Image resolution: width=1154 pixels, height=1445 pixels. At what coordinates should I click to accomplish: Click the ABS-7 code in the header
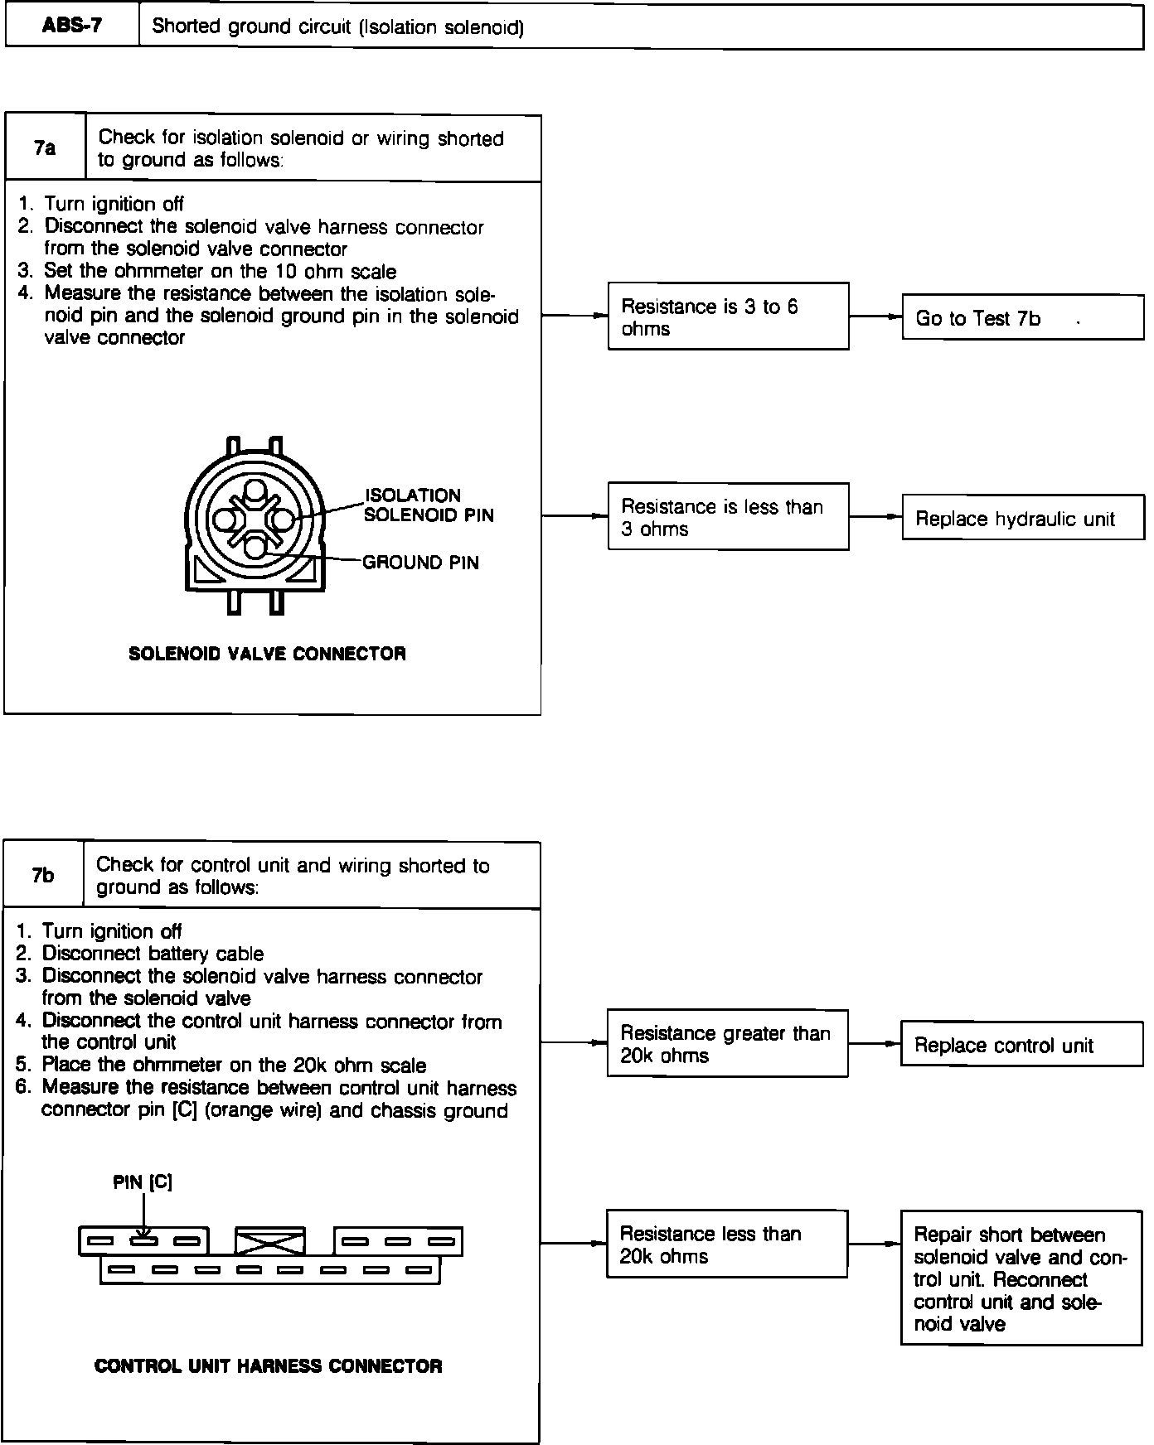tap(72, 26)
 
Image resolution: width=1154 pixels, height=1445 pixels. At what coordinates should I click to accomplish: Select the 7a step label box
tap(45, 148)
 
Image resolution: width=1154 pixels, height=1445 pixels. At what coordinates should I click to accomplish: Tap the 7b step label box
tap(43, 875)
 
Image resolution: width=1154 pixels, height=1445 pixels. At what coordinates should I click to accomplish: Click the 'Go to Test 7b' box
tap(1022, 317)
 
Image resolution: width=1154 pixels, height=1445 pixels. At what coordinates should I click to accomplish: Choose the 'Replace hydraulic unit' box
tap(1022, 519)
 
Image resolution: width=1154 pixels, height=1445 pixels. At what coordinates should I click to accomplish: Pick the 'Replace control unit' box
tap(1021, 1045)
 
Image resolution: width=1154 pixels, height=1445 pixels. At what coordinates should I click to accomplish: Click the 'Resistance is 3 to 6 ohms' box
tap(728, 317)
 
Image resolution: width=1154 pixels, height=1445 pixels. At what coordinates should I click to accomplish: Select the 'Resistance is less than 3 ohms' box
tap(728, 517)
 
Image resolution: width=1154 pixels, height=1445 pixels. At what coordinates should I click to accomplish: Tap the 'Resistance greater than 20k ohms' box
tap(727, 1044)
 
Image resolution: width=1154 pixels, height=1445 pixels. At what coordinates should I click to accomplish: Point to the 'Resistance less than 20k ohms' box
tap(727, 1244)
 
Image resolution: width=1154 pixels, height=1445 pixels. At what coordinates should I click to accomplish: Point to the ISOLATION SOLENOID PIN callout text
tap(429, 505)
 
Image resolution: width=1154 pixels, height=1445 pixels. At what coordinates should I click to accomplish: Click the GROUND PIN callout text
tap(421, 563)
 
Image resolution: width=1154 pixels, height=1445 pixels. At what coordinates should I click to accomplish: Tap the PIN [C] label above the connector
tap(143, 1182)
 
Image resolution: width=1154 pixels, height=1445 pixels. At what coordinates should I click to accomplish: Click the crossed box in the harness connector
tap(270, 1241)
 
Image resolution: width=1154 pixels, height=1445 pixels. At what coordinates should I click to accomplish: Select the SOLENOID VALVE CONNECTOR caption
tap(268, 654)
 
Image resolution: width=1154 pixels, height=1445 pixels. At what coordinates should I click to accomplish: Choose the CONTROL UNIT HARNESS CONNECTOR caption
tap(269, 1366)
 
